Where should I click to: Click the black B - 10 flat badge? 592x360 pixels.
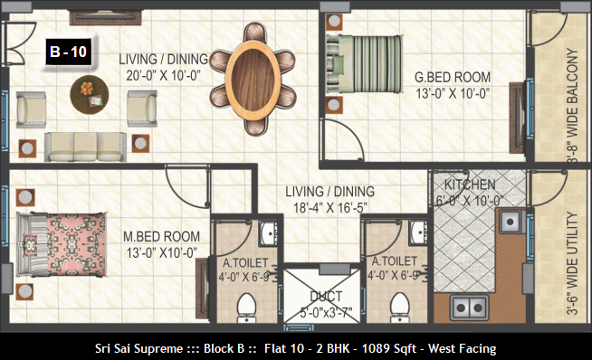[x=68, y=52]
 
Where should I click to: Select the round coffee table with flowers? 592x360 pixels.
[x=90, y=94]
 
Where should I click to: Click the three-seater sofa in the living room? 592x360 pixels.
[x=85, y=147]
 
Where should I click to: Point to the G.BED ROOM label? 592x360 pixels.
[x=453, y=78]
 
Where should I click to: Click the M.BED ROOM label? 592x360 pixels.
[x=162, y=237]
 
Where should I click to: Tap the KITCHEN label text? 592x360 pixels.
[x=470, y=185]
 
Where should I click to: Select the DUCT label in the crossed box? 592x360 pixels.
[x=326, y=297]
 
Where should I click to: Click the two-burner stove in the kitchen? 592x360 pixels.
[x=469, y=308]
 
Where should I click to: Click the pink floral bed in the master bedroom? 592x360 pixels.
[x=62, y=244]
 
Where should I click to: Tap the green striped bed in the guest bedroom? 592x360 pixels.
[x=364, y=64]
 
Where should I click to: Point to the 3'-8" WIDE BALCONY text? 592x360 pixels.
[x=572, y=106]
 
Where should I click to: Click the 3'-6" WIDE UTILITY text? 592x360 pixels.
[x=572, y=263]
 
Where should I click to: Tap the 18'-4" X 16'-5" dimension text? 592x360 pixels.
[x=330, y=207]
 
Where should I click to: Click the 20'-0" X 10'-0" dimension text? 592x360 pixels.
[x=163, y=76]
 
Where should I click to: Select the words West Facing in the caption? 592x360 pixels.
[x=462, y=348]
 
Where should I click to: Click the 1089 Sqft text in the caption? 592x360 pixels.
[x=389, y=348]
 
